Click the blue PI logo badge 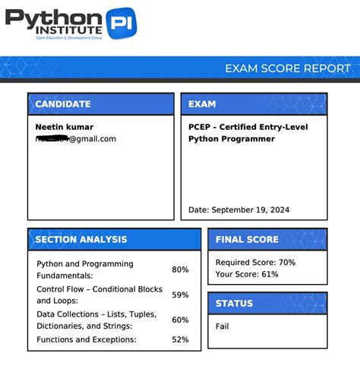(121, 25)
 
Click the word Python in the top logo (53, 17)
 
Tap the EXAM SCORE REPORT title (287, 68)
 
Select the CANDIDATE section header (63, 104)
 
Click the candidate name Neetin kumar (64, 127)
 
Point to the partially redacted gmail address (75, 139)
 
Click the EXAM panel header (202, 104)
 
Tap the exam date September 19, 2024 (238, 210)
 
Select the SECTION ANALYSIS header (81, 240)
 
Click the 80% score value (180, 270)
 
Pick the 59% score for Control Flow (180, 295)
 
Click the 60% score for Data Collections (180, 320)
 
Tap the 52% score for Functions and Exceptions (180, 339)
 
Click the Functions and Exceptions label (87, 339)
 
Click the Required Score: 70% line (255, 262)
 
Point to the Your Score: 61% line (247, 274)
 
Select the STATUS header (234, 304)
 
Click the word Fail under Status (222, 326)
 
